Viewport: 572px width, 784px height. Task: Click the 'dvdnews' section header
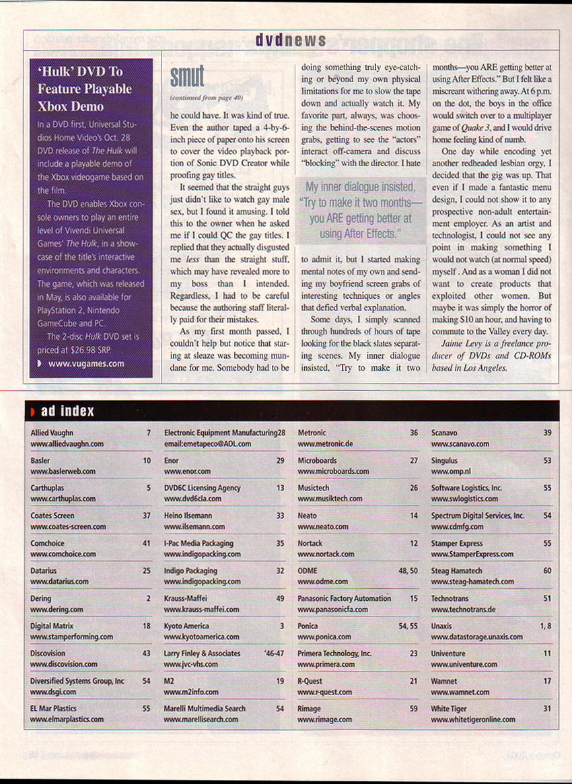point(291,41)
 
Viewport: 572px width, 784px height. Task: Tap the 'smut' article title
point(186,78)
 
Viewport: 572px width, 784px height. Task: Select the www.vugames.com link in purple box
point(85,364)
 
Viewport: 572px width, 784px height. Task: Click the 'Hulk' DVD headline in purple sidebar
point(85,88)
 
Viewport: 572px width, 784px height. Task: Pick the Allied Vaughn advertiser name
point(52,433)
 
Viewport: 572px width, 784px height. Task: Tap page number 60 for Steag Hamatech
point(547,571)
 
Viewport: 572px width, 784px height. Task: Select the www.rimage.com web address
point(324,719)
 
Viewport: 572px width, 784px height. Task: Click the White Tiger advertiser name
point(449,709)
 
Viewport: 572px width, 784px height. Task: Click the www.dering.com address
point(57,609)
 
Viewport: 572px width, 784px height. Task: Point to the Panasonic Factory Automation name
point(344,598)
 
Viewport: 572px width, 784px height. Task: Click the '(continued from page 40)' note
point(202,98)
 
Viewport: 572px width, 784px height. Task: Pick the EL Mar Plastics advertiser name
point(53,709)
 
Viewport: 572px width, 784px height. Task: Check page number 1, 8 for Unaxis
point(544,626)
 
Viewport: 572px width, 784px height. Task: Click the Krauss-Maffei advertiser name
point(185,598)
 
